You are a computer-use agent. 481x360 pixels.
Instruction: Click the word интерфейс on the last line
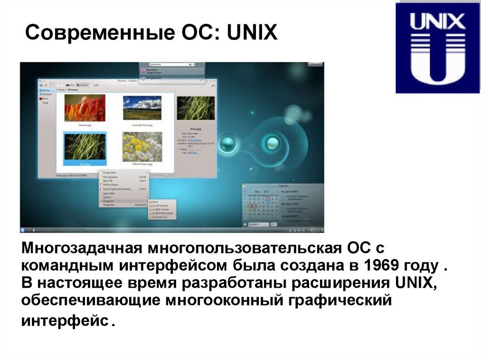(64, 321)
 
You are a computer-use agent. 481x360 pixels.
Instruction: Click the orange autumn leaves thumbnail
(85, 108)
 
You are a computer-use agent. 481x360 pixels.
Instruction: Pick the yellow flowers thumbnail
(142, 146)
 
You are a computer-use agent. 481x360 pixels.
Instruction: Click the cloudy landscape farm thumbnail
(142, 108)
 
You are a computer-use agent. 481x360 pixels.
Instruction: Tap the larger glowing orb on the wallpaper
(271, 141)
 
